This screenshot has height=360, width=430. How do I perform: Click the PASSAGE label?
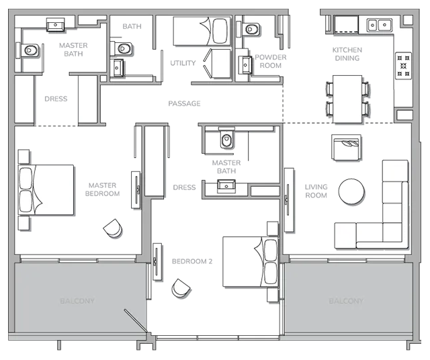point(184,103)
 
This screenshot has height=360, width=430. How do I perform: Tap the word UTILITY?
point(183,63)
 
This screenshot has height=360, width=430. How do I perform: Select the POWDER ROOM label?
point(271,61)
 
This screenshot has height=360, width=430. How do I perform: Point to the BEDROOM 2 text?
point(192,261)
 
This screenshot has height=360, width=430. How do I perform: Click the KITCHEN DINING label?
point(347,54)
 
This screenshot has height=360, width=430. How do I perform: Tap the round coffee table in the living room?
point(351,191)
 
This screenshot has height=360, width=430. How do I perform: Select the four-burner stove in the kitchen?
point(403,66)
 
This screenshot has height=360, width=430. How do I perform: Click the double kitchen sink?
point(379,25)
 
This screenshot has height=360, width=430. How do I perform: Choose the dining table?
point(347,99)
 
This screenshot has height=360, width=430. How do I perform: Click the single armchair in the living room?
point(346,147)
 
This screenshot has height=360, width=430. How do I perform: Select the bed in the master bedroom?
point(46,189)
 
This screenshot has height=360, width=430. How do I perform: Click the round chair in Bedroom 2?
point(181,289)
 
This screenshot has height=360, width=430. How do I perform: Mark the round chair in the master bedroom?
point(113,228)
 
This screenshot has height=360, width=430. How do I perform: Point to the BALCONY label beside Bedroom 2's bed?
point(346,301)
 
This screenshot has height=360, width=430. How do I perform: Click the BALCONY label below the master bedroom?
point(77,301)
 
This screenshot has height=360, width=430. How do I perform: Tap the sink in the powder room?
point(245,65)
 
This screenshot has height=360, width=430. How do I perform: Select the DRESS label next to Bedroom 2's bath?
point(184,187)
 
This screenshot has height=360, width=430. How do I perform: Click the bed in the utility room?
point(202,31)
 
